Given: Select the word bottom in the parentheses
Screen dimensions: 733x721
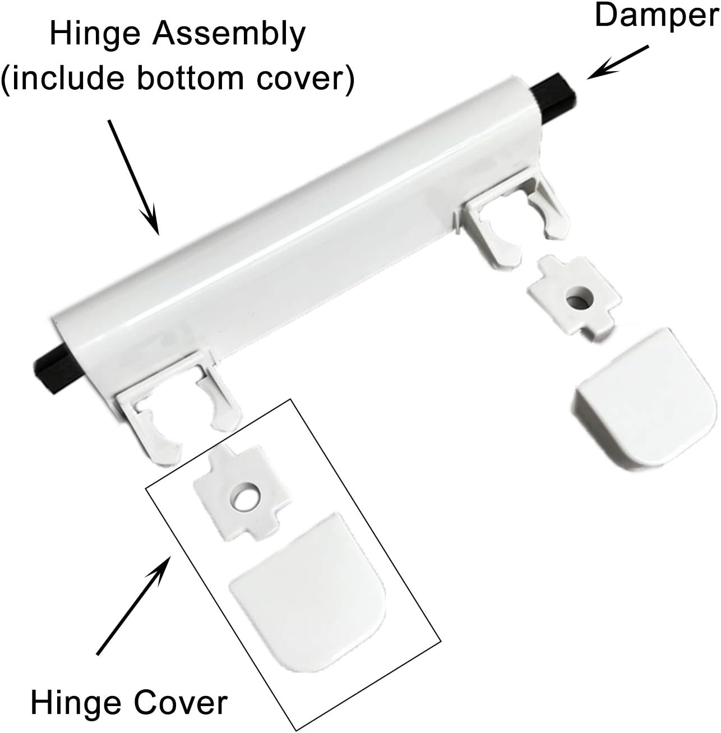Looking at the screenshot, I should coord(190,79).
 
